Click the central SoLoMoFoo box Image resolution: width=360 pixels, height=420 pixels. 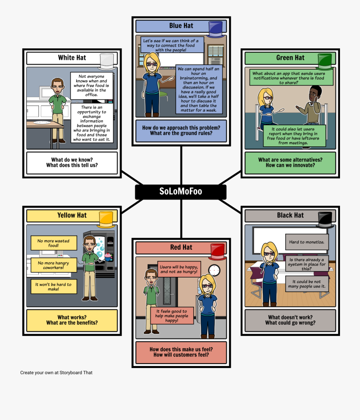click(180, 192)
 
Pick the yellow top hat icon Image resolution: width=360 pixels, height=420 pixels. click(106, 219)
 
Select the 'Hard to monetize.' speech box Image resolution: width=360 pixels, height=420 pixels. click(307, 242)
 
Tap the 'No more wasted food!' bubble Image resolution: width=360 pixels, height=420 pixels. click(54, 243)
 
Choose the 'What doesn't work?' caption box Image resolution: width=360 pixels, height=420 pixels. click(290, 320)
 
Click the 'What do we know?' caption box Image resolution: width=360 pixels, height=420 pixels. click(72, 162)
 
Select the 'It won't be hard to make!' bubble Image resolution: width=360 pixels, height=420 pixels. click(53, 286)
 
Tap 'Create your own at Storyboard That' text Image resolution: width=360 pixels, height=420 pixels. click(56, 372)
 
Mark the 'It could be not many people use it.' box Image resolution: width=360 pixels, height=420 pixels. click(307, 284)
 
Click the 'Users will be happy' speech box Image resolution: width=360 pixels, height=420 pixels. click(179, 269)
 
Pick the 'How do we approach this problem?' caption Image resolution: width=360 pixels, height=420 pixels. click(181, 130)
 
